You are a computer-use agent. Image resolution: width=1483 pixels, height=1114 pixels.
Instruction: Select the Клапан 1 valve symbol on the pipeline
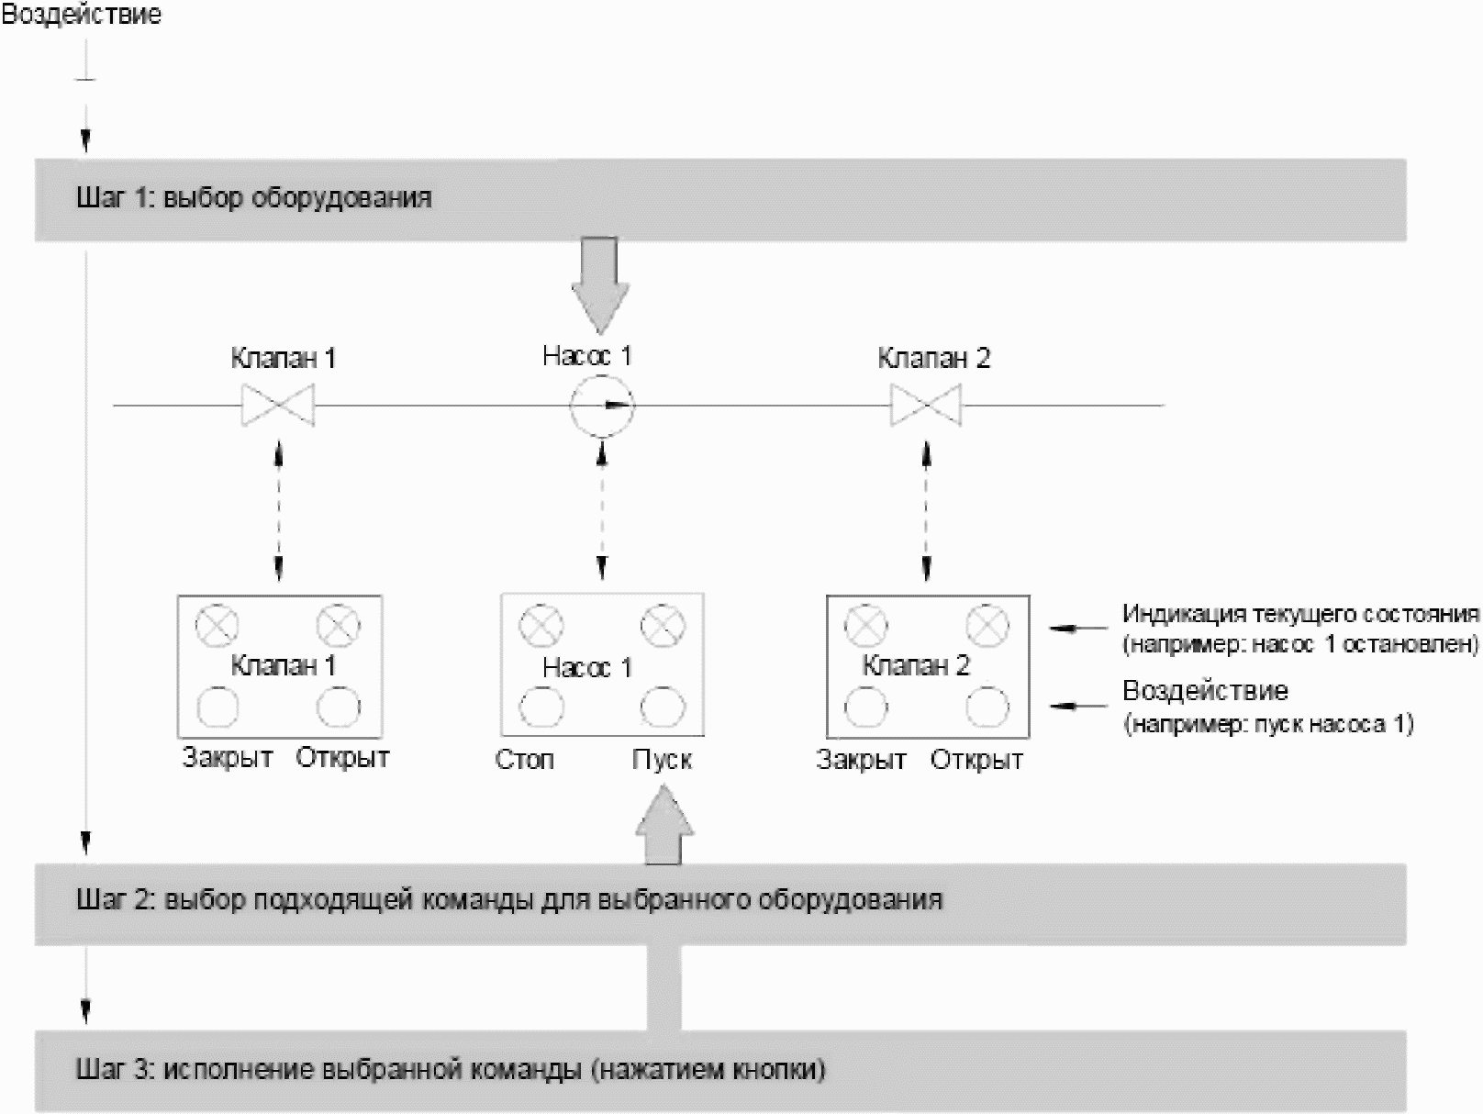pos(278,405)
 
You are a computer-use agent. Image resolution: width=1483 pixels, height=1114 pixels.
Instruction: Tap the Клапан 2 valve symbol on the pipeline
pos(926,405)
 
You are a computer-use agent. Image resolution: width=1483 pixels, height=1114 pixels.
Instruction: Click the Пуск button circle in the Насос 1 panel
pos(663,707)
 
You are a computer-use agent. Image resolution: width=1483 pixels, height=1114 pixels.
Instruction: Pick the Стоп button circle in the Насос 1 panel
pos(541,707)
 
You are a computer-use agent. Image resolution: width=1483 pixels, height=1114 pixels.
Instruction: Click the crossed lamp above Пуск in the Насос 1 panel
pos(663,627)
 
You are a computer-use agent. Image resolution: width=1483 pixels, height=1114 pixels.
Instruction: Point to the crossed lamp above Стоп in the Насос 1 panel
pos(541,627)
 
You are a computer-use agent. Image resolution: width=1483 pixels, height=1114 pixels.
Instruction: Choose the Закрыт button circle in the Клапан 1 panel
pos(217,707)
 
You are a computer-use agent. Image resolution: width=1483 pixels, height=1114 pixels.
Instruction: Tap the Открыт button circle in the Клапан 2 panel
pos(987,707)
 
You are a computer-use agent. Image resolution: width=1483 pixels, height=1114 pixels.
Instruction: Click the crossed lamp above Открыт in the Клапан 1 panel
pos(339,626)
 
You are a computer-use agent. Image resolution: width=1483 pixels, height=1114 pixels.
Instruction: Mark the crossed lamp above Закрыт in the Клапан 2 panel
pos(865,626)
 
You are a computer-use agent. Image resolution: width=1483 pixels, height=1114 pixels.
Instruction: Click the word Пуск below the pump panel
pos(662,760)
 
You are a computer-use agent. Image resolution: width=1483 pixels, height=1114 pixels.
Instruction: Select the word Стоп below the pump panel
pos(525,760)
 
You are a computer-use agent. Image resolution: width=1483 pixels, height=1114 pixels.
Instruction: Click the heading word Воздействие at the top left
pos(81,15)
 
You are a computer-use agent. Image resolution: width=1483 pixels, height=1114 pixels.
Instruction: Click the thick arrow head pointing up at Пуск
pos(664,821)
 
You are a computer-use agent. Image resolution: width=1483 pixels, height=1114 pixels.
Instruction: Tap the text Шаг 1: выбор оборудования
pos(253,198)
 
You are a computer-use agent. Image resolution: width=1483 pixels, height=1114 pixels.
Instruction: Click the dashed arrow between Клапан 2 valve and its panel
pos(926,510)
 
